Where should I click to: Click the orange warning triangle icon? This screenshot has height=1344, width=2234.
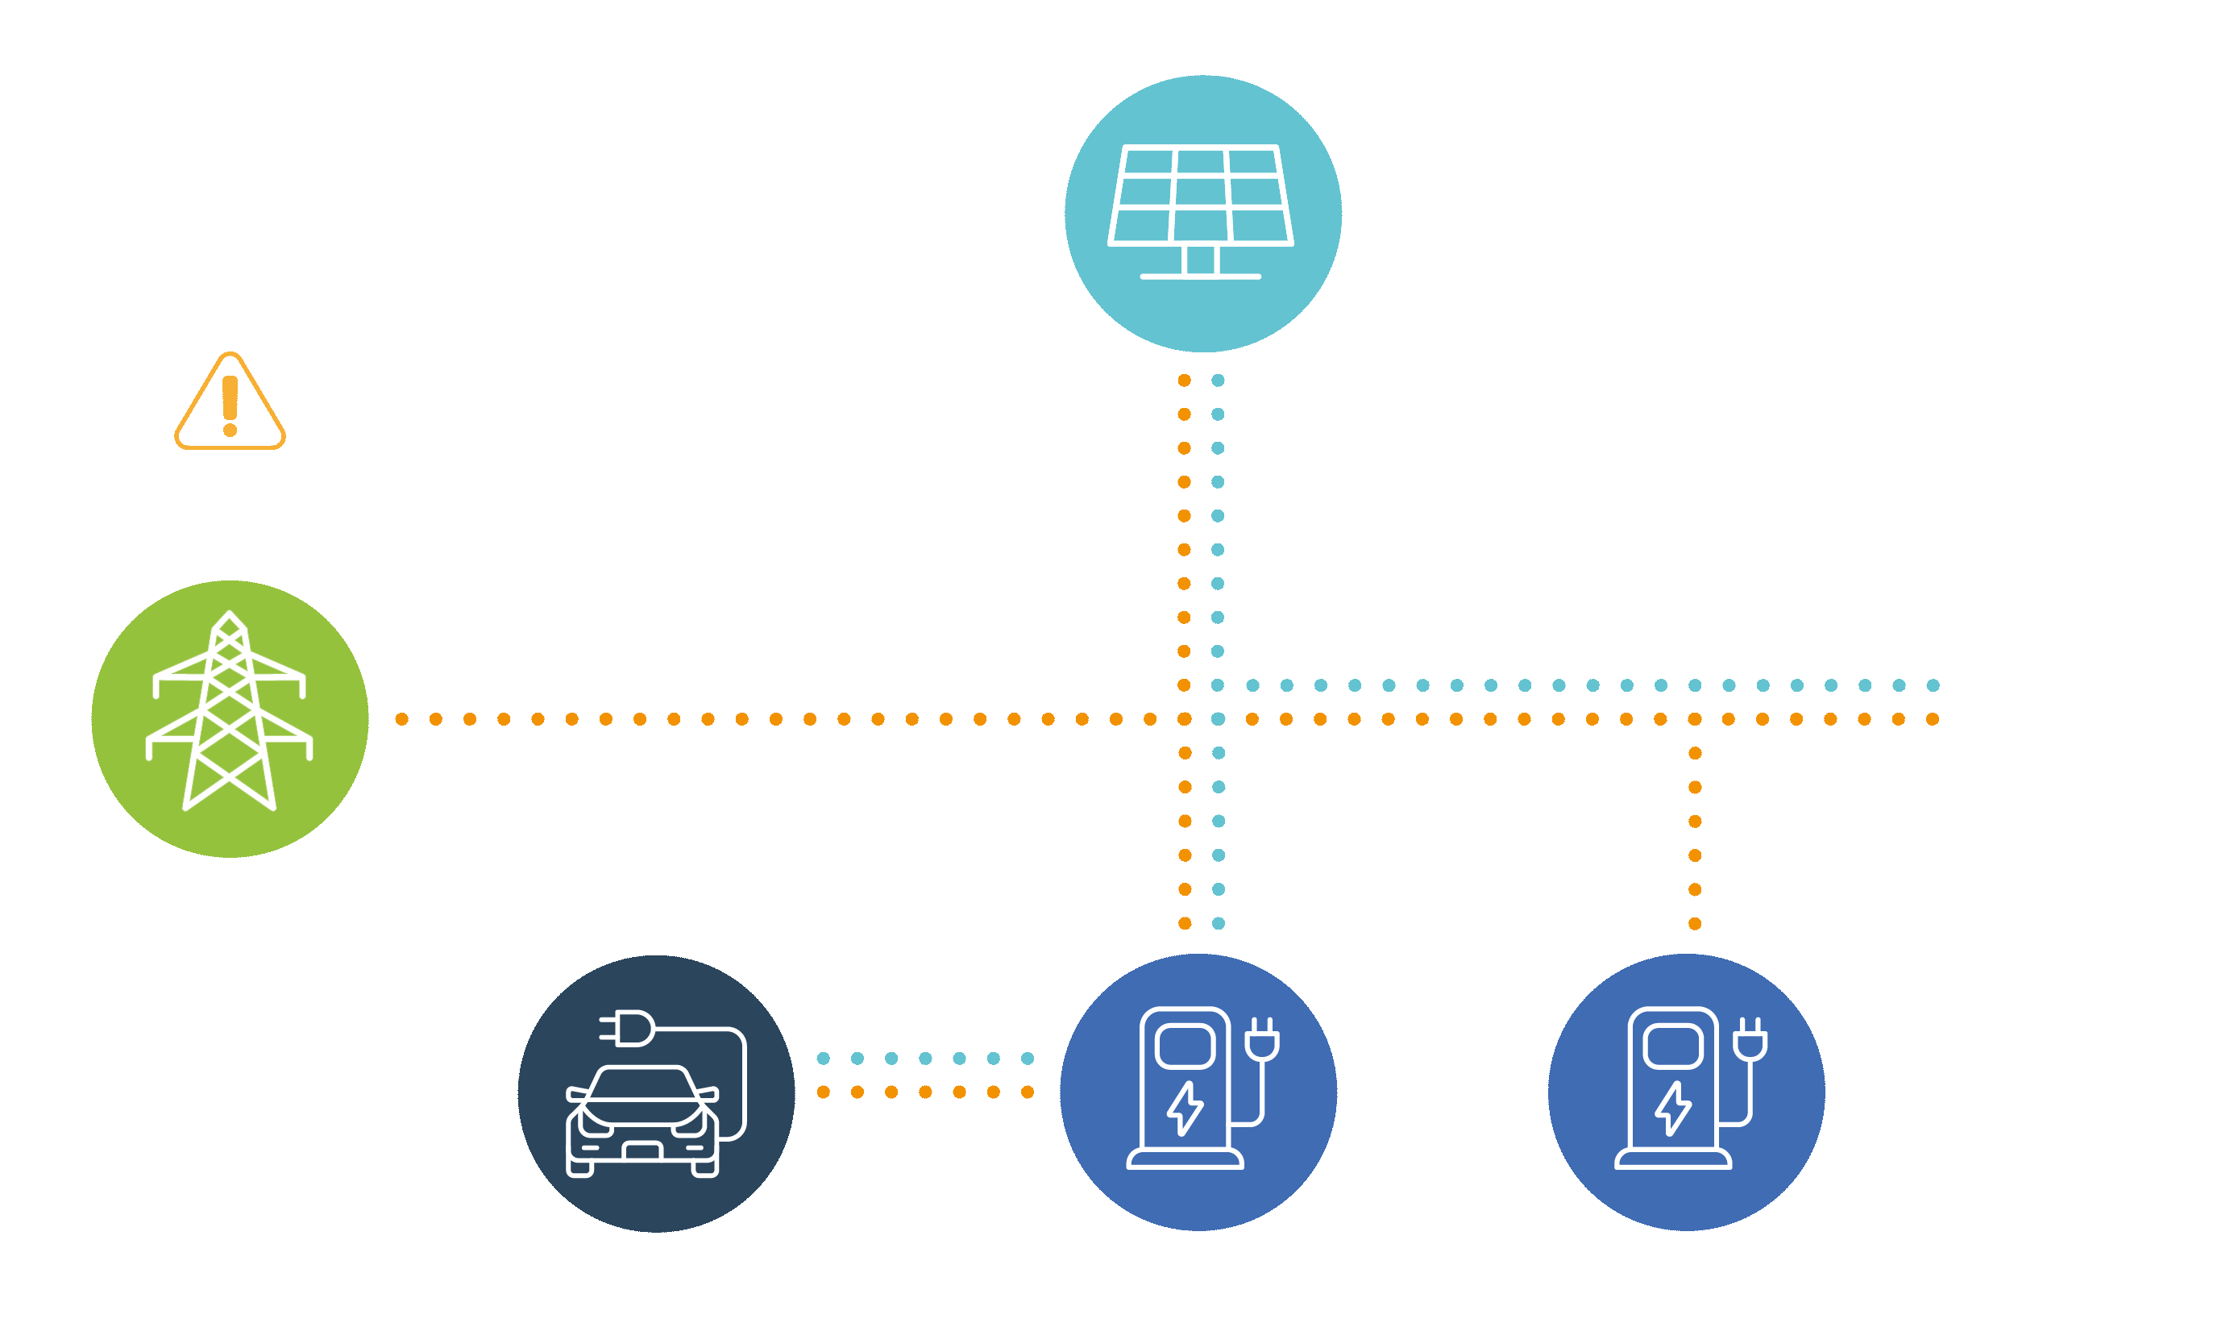(230, 402)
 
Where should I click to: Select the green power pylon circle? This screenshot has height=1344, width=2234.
(230, 718)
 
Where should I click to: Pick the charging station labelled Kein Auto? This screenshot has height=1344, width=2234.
(1685, 1092)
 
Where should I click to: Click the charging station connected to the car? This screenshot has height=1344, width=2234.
(1198, 1092)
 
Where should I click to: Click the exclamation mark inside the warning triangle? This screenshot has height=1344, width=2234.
(230, 405)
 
